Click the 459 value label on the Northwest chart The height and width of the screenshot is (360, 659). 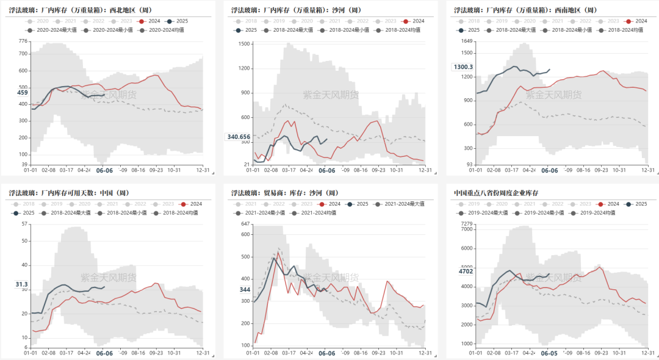point(23,93)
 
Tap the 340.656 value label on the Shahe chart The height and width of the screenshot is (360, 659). point(239,137)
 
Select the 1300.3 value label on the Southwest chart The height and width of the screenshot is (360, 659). point(463,67)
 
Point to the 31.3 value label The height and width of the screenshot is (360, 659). point(22,284)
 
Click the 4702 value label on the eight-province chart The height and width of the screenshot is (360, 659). point(466,271)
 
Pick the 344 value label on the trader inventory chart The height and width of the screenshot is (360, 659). point(245,289)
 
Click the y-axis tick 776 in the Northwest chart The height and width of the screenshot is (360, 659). point(23,41)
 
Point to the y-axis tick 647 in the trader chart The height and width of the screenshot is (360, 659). point(245,224)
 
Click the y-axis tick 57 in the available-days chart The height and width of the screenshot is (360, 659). point(25,224)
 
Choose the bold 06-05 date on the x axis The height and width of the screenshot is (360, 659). point(549,353)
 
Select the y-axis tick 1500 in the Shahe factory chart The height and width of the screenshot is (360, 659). point(245,44)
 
